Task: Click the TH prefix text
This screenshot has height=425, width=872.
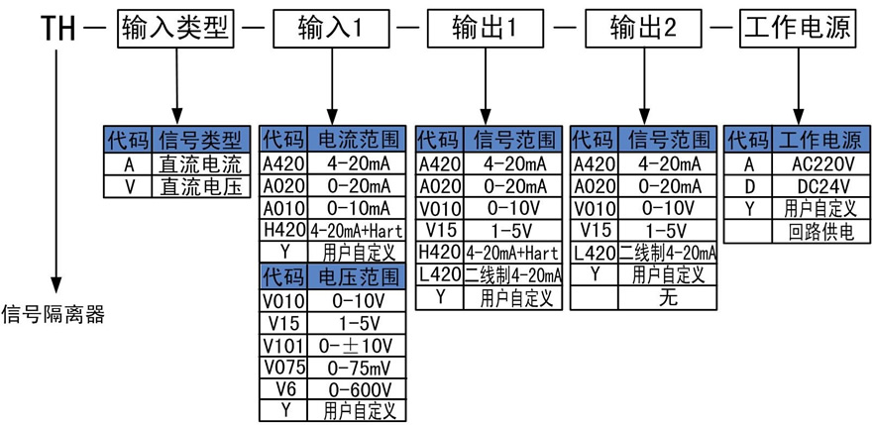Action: tap(55, 28)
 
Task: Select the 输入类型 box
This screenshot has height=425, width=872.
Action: tap(176, 28)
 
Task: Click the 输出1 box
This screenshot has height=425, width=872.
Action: tap(486, 28)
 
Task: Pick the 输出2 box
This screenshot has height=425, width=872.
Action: tap(642, 28)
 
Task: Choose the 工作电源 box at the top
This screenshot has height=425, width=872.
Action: tap(797, 28)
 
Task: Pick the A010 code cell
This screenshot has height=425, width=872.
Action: tap(283, 208)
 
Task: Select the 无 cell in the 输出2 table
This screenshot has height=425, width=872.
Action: tap(667, 297)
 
